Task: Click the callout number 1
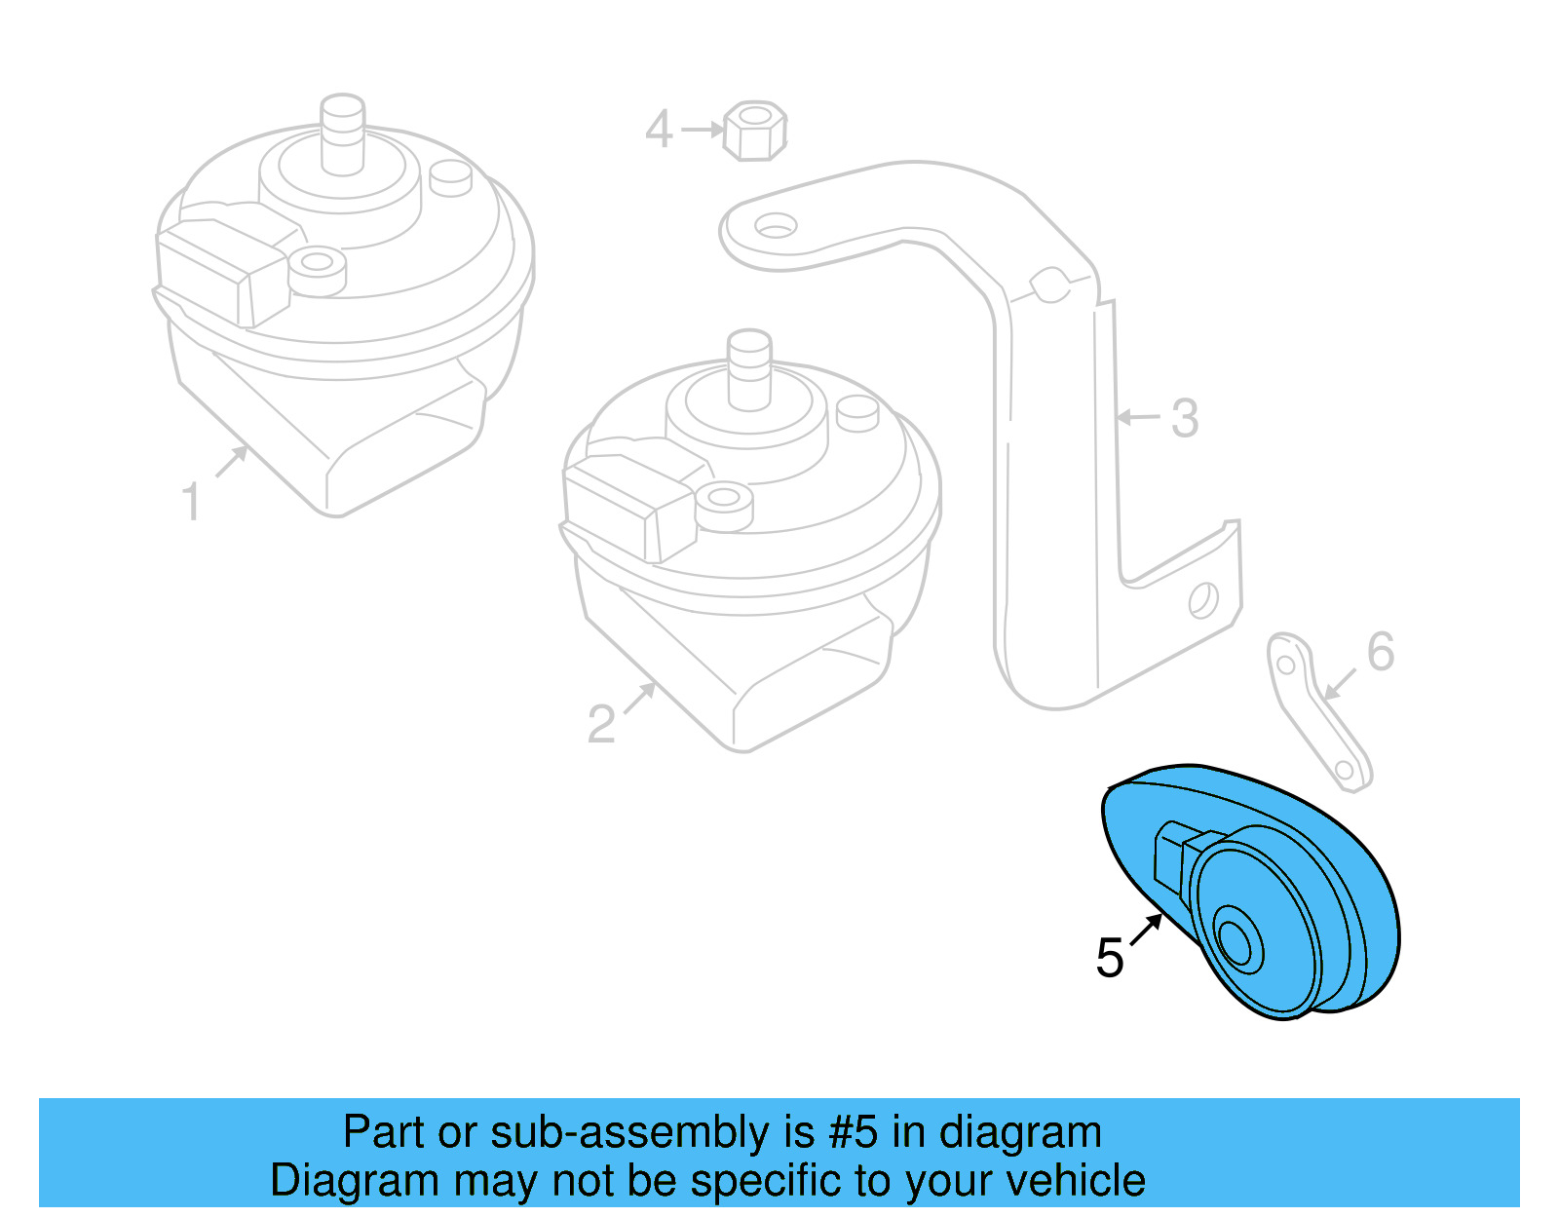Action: point(191,502)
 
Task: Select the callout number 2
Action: point(601,723)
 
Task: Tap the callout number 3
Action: point(1184,418)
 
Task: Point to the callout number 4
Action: point(659,130)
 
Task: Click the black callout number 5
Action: point(1110,957)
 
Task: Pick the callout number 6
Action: point(1380,651)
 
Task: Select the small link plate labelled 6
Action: point(1317,711)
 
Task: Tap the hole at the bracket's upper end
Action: point(776,227)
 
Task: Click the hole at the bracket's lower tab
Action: point(1203,599)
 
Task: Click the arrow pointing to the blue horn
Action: point(1147,929)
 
